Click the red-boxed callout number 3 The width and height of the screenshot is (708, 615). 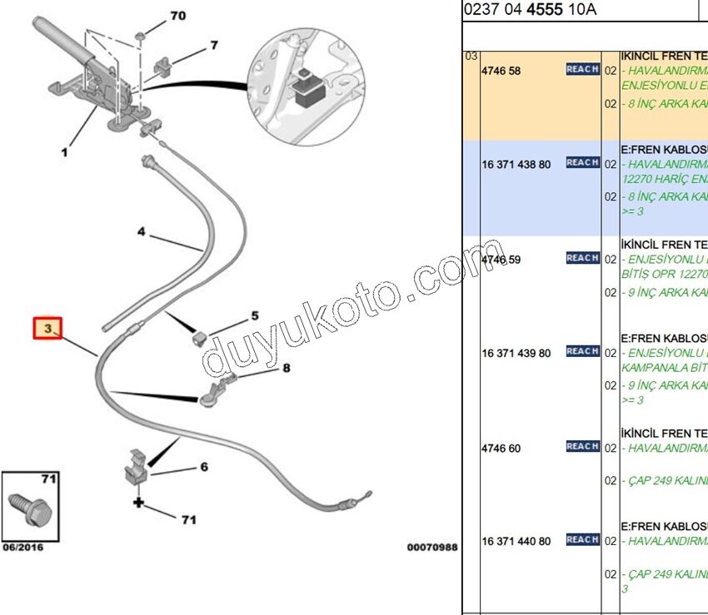[x=48, y=330]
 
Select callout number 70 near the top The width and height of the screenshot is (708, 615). [x=178, y=16]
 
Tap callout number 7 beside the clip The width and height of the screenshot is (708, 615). [x=214, y=45]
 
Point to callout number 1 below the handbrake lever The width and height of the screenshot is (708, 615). [x=64, y=152]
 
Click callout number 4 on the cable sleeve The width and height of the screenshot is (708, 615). [x=142, y=231]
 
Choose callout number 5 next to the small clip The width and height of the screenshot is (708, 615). [x=255, y=316]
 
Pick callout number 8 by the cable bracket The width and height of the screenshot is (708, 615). [x=286, y=367]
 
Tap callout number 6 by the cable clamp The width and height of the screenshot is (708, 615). [x=203, y=467]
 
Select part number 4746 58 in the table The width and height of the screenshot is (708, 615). [x=501, y=71]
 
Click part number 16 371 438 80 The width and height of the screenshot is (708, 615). [x=516, y=165]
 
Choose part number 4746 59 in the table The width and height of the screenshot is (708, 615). [x=501, y=260]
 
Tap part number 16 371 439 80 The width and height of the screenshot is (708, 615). [x=516, y=353]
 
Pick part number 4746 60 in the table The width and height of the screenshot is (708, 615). [x=501, y=449]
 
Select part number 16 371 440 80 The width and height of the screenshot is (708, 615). [x=516, y=541]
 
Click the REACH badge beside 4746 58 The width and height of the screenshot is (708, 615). [x=582, y=69]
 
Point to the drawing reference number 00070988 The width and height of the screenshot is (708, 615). [x=432, y=548]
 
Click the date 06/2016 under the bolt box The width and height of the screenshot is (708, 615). [x=22, y=547]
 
